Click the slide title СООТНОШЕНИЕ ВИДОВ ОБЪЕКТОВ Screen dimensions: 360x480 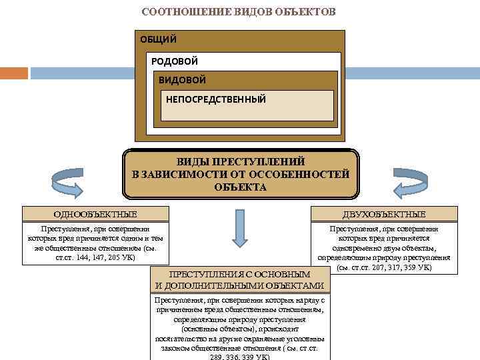(239, 12)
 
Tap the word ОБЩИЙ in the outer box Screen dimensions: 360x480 (158, 39)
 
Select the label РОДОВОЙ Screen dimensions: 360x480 (175, 61)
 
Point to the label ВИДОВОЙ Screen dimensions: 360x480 (182, 80)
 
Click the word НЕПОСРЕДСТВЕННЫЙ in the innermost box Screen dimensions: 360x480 (215, 99)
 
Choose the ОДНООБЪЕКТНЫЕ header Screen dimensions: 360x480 (95, 214)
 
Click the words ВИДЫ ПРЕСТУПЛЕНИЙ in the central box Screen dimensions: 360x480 (240, 162)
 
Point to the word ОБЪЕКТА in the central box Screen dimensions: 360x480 (240, 187)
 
